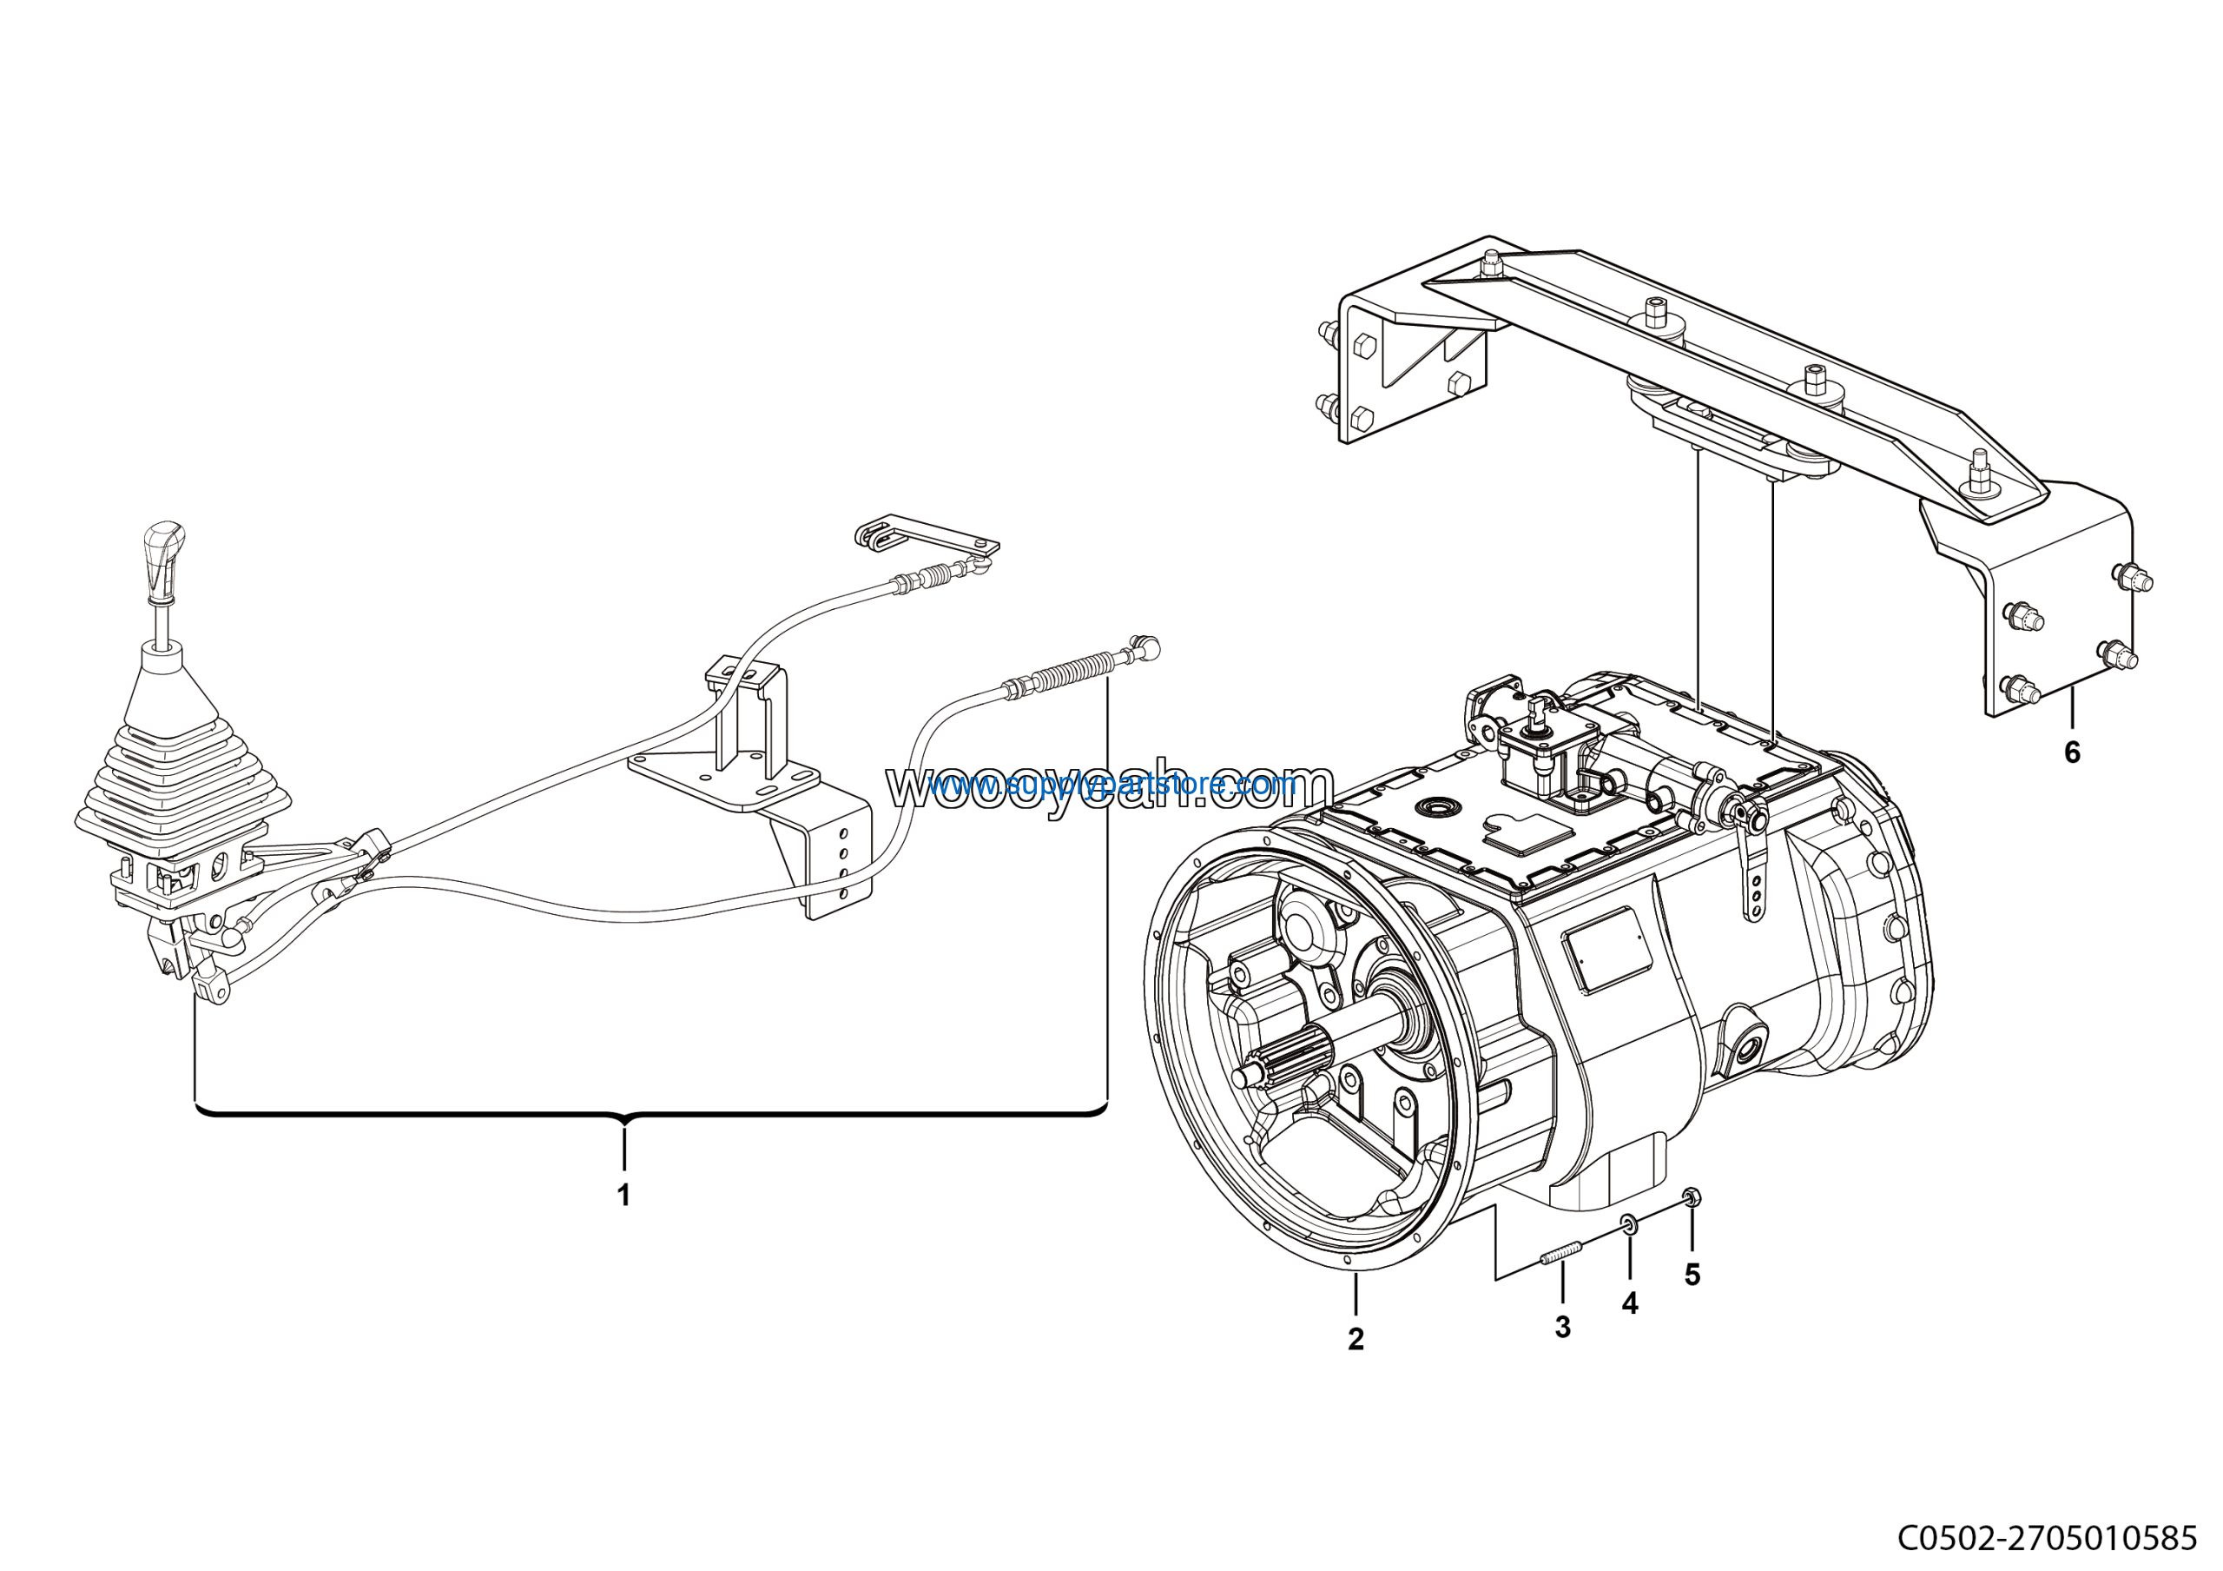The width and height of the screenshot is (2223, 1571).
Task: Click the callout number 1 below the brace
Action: click(x=623, y=1196)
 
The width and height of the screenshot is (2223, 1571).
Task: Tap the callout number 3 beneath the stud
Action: click(x=1563, y=1326)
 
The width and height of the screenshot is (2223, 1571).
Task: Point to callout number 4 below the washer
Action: click(x=1630, y=1303)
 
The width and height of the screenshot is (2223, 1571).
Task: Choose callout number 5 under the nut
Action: click(x=1692, y=1275)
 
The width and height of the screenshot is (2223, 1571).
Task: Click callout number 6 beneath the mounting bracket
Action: click(x=2072, y=752)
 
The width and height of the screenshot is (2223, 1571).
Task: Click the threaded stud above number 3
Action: click(x=1560, y=1256)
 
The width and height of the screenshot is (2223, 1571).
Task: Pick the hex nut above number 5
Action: click(x=1692, y=1198)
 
